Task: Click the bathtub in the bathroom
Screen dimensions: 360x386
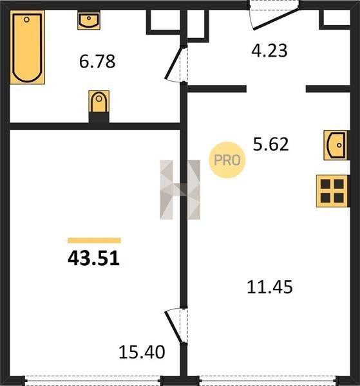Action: coord(27,47)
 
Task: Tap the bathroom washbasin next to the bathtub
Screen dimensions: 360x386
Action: coord(89,20)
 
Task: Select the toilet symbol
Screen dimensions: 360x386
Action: coord(99,102)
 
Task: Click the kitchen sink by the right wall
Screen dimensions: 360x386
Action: coord(336,145)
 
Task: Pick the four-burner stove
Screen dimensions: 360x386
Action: coord(332,191)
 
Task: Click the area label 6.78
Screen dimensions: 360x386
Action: coord(97,62)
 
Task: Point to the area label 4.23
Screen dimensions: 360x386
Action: coord(269,51)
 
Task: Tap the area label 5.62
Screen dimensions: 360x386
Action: coord(270,144)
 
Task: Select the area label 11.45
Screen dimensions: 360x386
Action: coord(270,287)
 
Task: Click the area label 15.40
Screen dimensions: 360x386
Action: coord(142,352)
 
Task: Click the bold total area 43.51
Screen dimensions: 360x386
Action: coord(93,259)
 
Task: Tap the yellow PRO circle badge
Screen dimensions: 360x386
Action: coord(227,160)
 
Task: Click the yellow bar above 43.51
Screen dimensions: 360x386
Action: coord(95,241)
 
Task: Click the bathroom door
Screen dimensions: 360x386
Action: coord(174,64)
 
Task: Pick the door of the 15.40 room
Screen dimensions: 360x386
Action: coord(174,325)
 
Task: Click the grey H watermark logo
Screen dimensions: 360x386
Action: coord(180,190)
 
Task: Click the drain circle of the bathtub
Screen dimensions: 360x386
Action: coord(26,19)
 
